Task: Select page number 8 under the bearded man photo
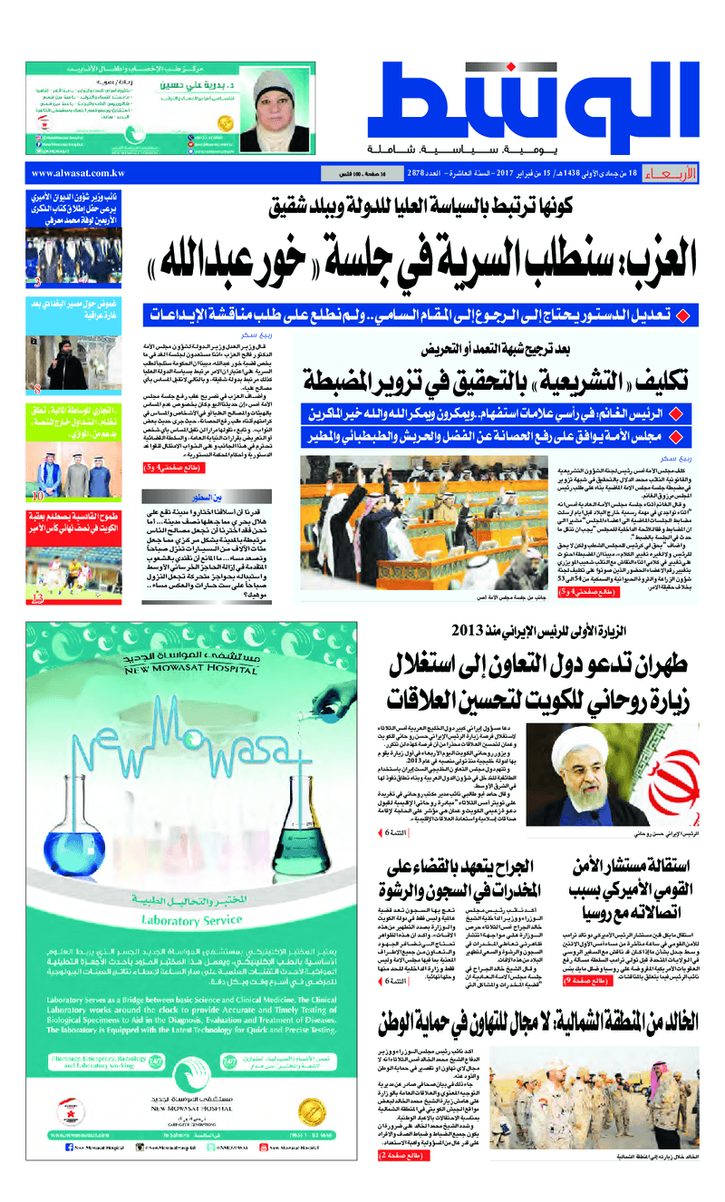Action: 36,389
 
